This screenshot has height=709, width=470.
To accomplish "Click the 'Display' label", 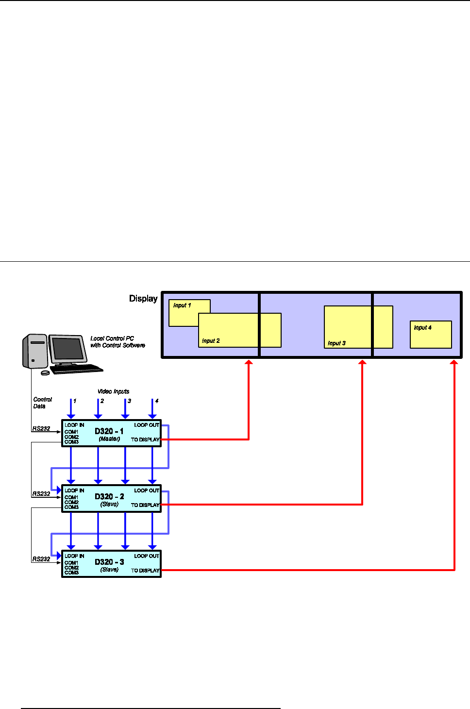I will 143,299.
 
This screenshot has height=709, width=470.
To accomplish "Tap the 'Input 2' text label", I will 211,341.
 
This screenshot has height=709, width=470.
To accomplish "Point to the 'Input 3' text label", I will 336,343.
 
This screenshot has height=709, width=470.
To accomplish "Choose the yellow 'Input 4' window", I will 431,335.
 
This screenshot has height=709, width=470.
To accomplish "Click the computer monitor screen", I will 67,348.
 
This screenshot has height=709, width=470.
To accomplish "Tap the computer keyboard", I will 77,369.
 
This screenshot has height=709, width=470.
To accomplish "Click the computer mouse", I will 45,373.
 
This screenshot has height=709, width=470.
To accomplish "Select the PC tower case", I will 34,351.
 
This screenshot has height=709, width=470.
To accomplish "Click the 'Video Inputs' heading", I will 113,391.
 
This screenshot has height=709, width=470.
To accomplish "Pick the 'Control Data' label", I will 42,403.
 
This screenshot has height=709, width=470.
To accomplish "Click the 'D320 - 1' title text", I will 109,431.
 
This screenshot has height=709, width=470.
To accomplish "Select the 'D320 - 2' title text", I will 109,496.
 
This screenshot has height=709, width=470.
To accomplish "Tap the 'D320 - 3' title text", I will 109,562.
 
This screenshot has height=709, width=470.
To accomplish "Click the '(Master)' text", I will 109,439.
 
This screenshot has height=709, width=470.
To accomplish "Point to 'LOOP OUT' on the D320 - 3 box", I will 147,556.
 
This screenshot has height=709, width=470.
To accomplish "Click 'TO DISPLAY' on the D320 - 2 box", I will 145,505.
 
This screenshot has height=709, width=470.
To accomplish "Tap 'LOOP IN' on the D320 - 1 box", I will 74,425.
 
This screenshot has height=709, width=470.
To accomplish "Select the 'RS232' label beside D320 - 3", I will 41,559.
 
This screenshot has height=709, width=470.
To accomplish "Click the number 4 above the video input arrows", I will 156,401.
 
